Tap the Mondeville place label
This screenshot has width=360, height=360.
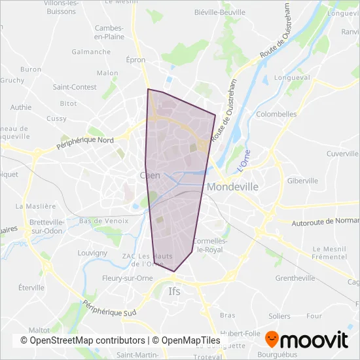(x=232, y=187)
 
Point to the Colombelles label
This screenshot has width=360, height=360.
(x=276, y=113)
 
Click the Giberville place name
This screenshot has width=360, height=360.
(x=302, y=180)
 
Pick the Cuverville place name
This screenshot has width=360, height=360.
(x=340, y=154)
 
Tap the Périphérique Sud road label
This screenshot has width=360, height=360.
(x=110, y=309)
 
